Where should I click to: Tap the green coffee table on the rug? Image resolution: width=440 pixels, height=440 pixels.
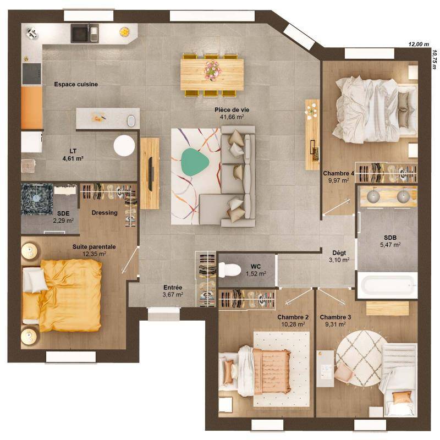click(x=193, y=161)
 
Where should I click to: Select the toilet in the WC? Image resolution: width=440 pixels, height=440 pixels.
click(x=229, y=269)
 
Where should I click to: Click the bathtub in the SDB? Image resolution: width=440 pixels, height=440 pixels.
click(x=387, y=285)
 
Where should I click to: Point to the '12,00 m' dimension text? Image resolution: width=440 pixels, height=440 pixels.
click(x=417, y=44)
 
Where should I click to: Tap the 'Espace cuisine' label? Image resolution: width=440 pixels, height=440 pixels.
click(x=76, y=84)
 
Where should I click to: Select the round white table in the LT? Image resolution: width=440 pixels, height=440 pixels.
click(x=124, y=146)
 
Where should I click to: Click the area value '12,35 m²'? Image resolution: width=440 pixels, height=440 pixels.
click(x=94, y=254)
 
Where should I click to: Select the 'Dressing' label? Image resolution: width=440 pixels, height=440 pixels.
click(x=105, y=212)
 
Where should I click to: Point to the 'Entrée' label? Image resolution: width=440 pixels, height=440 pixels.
click(x=173, y=288)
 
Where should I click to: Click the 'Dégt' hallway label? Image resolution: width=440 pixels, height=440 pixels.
click(x=339, y=252)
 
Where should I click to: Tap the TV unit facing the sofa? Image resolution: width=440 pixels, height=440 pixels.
click(x=150, y=173)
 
